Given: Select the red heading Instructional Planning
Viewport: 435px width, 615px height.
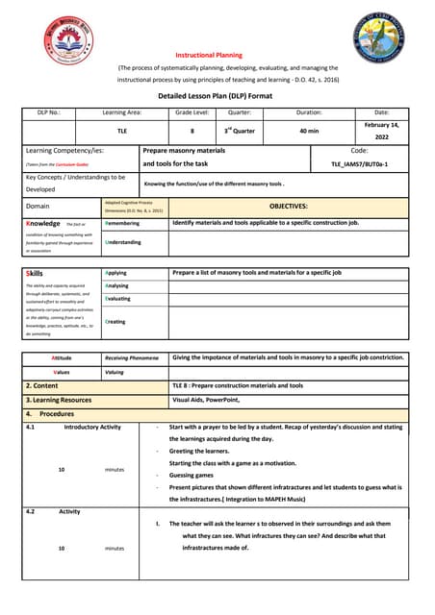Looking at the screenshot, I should (209, 56).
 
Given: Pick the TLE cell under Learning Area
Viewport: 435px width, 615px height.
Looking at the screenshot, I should (121, 131).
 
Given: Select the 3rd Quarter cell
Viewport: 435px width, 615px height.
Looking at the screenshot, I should (240, 131).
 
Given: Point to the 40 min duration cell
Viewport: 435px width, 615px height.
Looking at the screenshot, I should (309, 131).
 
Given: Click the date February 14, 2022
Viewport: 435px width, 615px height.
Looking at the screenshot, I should (382, 131).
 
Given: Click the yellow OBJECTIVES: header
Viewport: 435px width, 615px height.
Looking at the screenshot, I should (289, 206).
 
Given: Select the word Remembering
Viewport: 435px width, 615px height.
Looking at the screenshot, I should (122, 223).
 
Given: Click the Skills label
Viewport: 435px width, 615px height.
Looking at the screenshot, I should (34, 273).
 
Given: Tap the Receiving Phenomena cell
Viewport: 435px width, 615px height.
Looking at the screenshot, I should (131, 357).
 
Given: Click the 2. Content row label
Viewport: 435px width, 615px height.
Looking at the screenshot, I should (42, 385).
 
